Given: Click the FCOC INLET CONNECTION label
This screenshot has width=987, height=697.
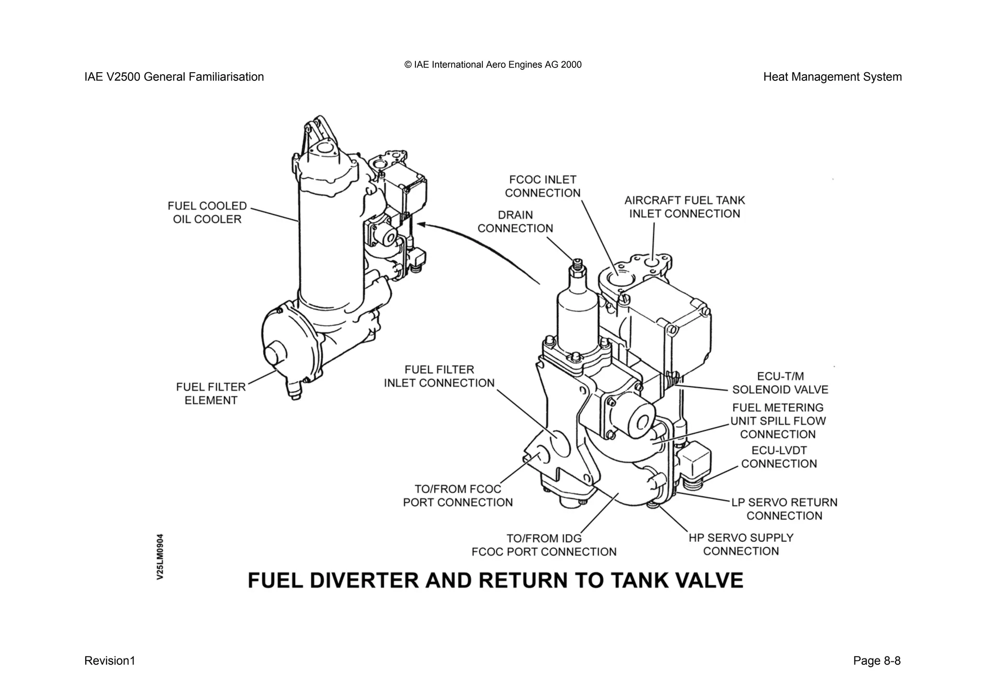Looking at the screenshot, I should (x=542, y=186).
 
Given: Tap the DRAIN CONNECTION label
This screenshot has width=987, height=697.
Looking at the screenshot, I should (x=515, y=222).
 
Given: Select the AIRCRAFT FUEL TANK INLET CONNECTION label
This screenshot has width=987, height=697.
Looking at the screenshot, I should (x=684, y=207).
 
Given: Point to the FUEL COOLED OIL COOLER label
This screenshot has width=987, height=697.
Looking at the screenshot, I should (x=207, y=212).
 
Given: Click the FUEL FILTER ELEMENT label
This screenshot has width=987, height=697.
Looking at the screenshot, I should (x=211, y=394).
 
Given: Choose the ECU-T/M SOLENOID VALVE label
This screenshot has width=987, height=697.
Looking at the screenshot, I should (x=780, y=383).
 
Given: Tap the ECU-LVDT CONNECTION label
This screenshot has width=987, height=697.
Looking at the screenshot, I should (x=779, y=457).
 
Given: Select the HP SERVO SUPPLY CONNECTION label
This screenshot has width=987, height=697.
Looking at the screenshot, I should (x=741, y=544).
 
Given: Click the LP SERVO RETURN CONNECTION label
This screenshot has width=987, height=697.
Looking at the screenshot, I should (x=784, y=509).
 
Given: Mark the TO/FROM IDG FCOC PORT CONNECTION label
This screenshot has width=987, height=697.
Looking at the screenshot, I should (x=544, y=545).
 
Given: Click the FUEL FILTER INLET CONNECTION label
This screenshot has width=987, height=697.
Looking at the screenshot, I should (x=439, y=376).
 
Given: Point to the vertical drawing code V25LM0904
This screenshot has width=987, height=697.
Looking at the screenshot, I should (x=160, y=556).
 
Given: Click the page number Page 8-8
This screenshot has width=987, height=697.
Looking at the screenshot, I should (x=876, y=660).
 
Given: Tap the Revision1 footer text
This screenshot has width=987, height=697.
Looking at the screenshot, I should (x=110, y=660).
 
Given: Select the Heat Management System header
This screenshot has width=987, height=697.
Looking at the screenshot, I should (x=832, y=77).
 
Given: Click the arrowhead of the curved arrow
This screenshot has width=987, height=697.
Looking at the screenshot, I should (x=420, y=224).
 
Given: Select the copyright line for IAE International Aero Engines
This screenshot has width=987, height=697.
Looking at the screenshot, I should (x=493, y=65).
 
